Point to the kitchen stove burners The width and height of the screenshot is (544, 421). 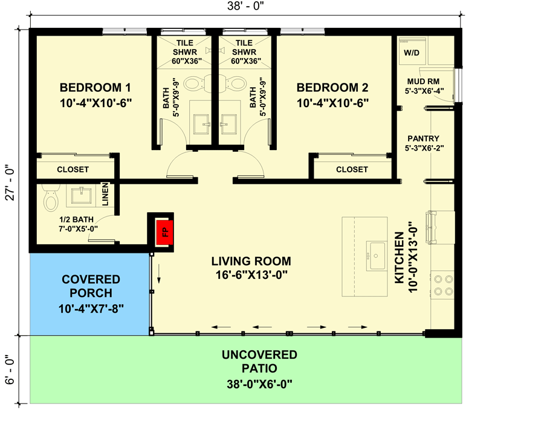(x=442, y=284)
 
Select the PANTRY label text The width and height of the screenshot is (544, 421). (x=423, y=138)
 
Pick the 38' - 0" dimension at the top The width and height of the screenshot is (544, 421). (x=244, y=6)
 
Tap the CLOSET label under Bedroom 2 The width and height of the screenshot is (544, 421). (x=352, y=169)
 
